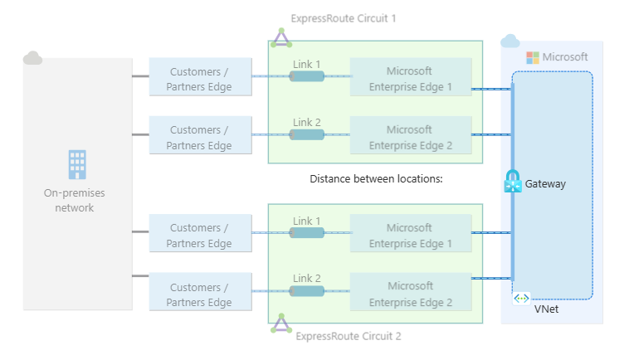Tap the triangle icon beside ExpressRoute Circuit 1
[x=281, y=37]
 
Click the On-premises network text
[x=75, y=200]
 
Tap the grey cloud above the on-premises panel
[x=33, y=58]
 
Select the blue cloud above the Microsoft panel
[x=510, y=41]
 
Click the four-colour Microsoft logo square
[x=533, y=57]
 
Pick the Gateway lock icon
[x=512, y=182]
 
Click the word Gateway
[x=545, y=183]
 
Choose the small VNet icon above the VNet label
[x=521, y=298]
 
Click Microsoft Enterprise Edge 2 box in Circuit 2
[x=410, y=294]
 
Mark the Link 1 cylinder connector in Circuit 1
[x=306, y=76]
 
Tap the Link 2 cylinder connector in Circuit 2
[x=306, y=291]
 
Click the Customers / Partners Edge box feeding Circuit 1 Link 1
[x=201, y=76]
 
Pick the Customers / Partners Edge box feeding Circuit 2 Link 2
[x=201, y=294]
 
